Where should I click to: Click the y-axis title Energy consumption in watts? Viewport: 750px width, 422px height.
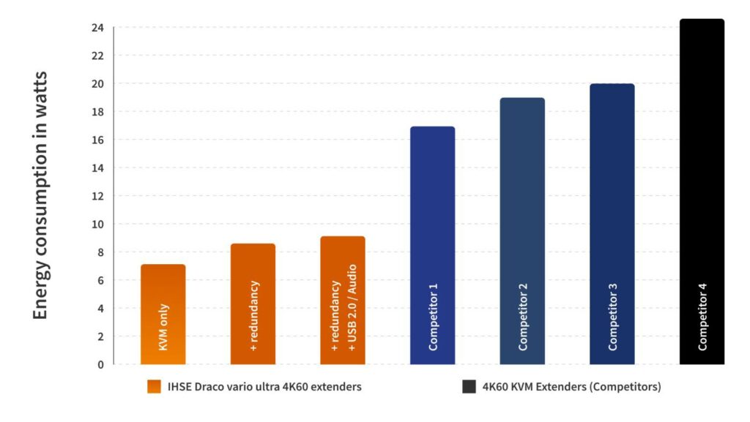coord(41,195)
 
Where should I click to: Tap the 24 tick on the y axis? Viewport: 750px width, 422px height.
coord(97,28)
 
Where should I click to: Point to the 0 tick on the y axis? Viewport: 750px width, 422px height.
coord(100,364)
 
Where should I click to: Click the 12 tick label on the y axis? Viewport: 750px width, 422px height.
coord(97,196)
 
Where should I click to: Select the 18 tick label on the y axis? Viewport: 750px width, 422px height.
coord(97,112)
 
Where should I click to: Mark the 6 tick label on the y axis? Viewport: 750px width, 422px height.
coord(100,280)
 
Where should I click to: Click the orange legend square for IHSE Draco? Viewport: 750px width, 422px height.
coord(154,387)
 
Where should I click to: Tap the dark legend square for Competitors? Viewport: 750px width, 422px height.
coord(469,387)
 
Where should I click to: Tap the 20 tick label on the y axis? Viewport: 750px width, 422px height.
coord(97,84)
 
